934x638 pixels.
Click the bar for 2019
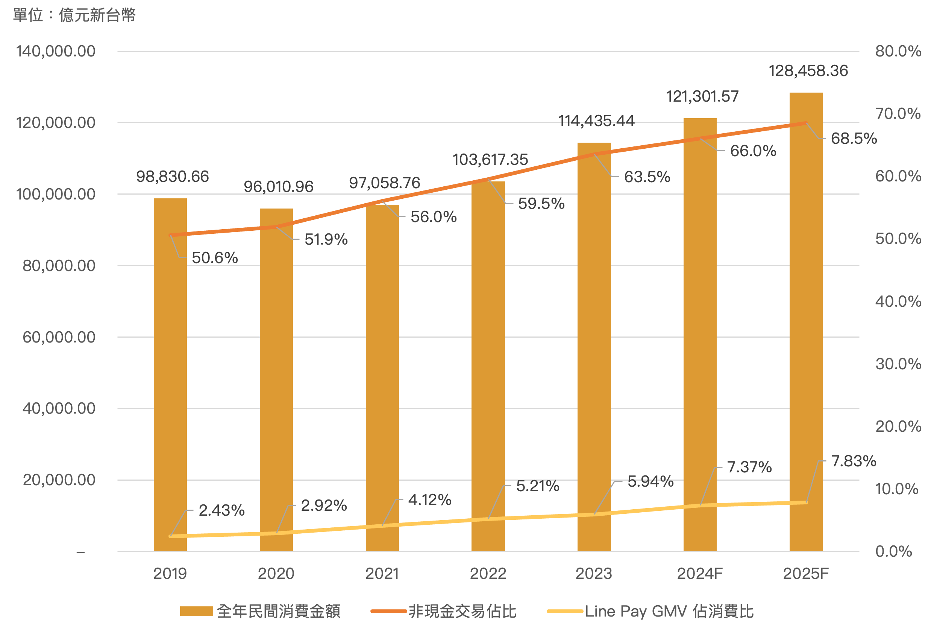(x=170, y=374)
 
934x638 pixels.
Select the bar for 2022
(x=488, y=366)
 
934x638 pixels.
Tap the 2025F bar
(x=806, y=322)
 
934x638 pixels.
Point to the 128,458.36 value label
(x=808, y=71)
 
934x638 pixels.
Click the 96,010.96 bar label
(x=278, y=187)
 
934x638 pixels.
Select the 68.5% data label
(x=854, y=139)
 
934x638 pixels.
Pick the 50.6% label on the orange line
(x=215, y=258)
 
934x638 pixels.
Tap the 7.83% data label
(x=853, y=461)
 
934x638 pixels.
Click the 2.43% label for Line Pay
(x=221, y=510)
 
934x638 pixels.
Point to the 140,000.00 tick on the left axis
(x=56, y=51)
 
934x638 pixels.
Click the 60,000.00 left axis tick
(x=59, y=337)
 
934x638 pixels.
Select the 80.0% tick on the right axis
(x=898, y=51)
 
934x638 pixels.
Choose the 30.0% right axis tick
(x=898, y=364)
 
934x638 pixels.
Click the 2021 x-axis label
(x=382, y=573)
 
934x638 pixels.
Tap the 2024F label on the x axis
(x=700, y=573)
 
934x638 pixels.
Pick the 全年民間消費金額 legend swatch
(x=196, y=611)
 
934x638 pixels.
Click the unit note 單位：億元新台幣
(x=74, y=15)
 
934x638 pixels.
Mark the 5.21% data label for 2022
(x=537, y=486)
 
